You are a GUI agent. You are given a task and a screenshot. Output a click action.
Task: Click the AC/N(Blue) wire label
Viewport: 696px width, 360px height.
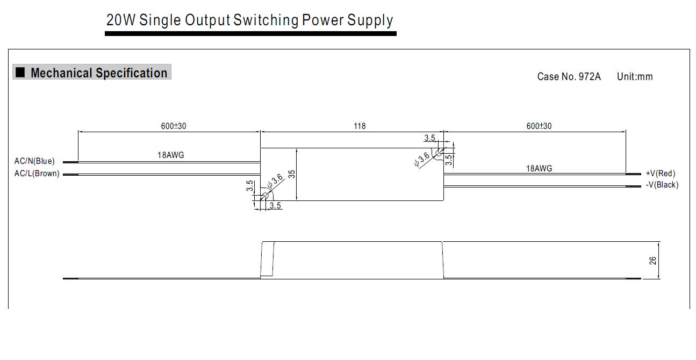click(34, 161)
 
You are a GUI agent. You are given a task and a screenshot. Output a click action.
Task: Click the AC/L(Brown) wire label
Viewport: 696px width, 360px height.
click(37, 174)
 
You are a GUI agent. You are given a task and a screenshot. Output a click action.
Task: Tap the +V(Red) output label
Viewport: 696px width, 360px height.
click(660, 173)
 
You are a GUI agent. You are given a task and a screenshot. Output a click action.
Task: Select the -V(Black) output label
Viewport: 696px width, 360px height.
click(662, 185)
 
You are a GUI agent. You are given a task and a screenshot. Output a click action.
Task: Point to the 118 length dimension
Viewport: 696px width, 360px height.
click(360, 126)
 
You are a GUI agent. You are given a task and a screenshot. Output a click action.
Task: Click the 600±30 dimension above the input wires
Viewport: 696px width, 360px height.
click(174, 126)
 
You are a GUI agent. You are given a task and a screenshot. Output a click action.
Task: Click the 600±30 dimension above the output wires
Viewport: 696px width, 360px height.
click(539, 126)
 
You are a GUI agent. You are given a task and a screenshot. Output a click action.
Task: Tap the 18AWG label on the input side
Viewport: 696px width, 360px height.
click(170, 155)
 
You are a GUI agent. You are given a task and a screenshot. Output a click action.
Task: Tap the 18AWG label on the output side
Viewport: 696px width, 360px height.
click(539, 169)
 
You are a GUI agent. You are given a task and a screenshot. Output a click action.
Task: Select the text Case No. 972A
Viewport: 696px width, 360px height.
click(569, 77)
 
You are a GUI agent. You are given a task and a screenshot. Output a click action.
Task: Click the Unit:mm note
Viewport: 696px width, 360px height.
click(635, 77)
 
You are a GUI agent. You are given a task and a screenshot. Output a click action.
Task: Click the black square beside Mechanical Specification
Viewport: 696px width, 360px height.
click(20, 73)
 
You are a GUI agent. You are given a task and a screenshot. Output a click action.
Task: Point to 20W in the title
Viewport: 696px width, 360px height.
click(121, 20)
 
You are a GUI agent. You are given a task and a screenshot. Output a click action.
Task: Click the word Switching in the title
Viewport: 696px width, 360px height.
click(266, 20)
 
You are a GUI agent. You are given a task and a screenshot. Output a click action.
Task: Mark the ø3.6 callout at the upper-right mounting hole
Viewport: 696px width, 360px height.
click(422, 160)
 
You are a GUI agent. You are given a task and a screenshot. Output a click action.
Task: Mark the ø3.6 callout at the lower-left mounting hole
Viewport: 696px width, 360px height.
click(275, 181)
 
